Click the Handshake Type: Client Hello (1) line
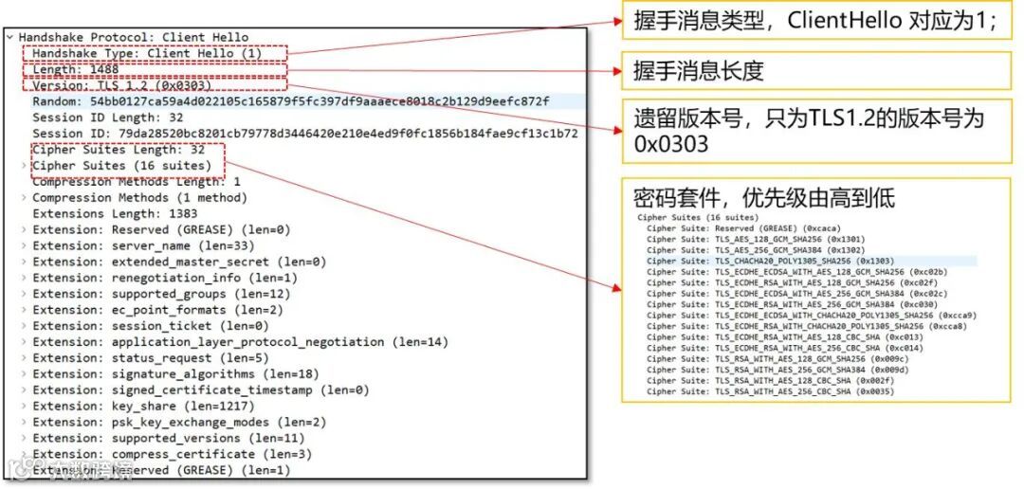(146, 54)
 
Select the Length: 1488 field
(76, 70)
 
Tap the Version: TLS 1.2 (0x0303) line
(119, 86)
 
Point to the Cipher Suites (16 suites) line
(121, 166)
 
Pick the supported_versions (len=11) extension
(169, 438)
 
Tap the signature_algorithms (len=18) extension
(175, 373)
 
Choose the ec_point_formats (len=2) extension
(157, 310)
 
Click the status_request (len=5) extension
(151, 358)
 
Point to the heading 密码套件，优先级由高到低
(764, 199)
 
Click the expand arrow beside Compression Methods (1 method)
(25, 198)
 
